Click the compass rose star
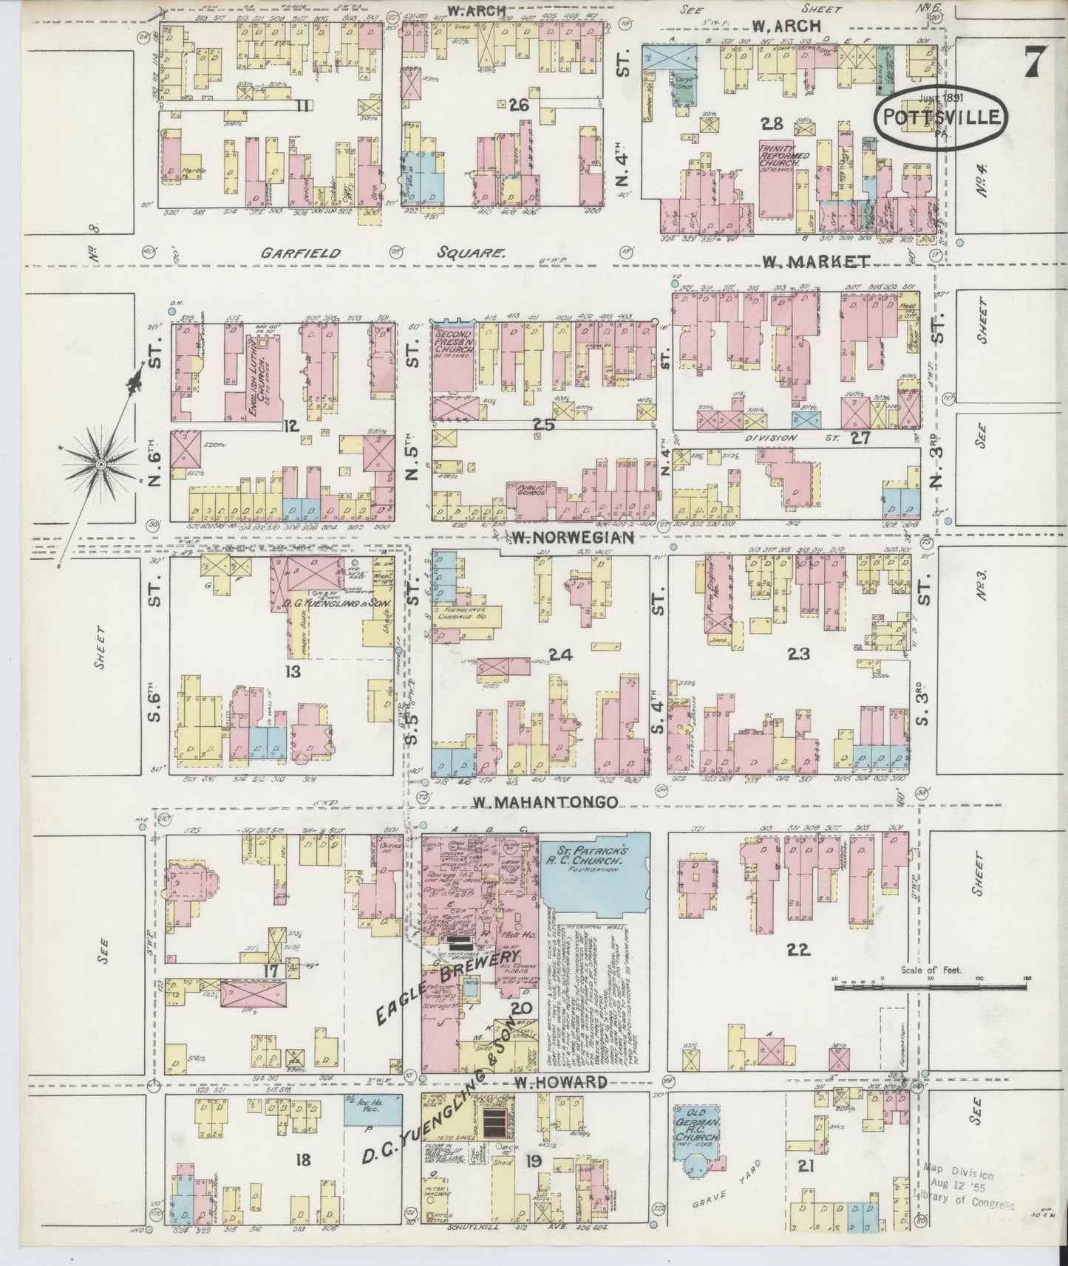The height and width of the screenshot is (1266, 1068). coord(101,463)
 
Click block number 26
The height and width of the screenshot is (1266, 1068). coord(520,106)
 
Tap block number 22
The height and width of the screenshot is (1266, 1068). coord(799,950)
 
